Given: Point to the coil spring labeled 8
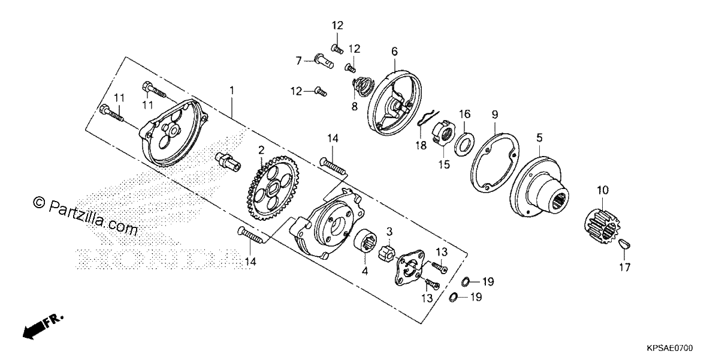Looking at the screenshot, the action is [x=362, y=87].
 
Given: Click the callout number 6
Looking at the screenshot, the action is [x=394, y=52].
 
